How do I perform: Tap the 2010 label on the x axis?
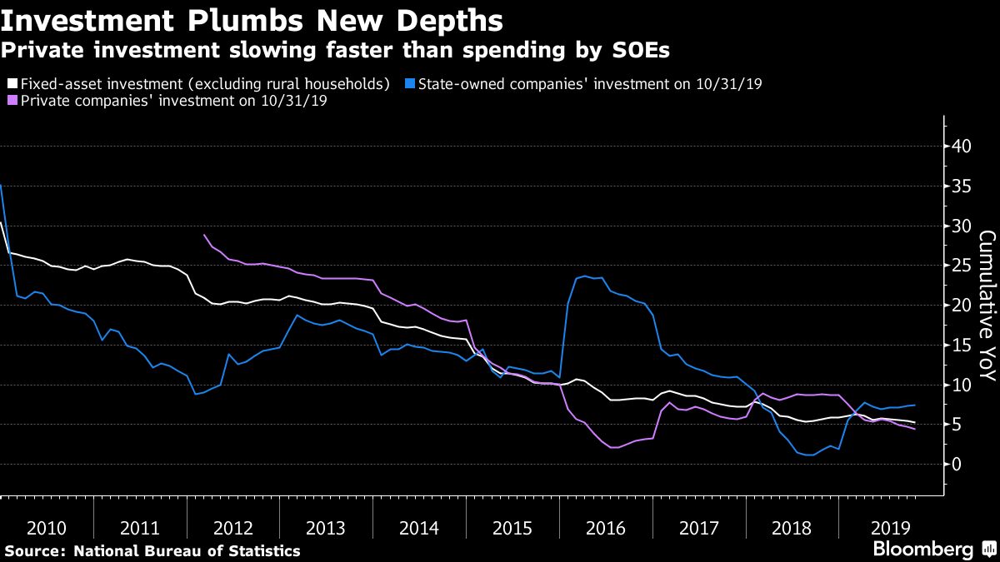point(47,527)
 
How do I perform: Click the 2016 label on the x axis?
point(606,527)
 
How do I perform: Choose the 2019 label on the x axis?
point(886,527)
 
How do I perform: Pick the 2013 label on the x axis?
point(326,527)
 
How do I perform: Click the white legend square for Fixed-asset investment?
point(12,83)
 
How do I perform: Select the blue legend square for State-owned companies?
point(408,83)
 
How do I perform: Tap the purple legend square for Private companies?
point(12,101)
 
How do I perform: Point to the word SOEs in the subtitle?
point(639,50)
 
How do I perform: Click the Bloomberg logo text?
point(922,549)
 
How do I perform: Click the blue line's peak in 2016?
point(585,276)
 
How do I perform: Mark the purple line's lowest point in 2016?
point(614,448)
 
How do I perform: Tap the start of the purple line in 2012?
point(205,235)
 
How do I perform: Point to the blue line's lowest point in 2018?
point(810,455)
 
